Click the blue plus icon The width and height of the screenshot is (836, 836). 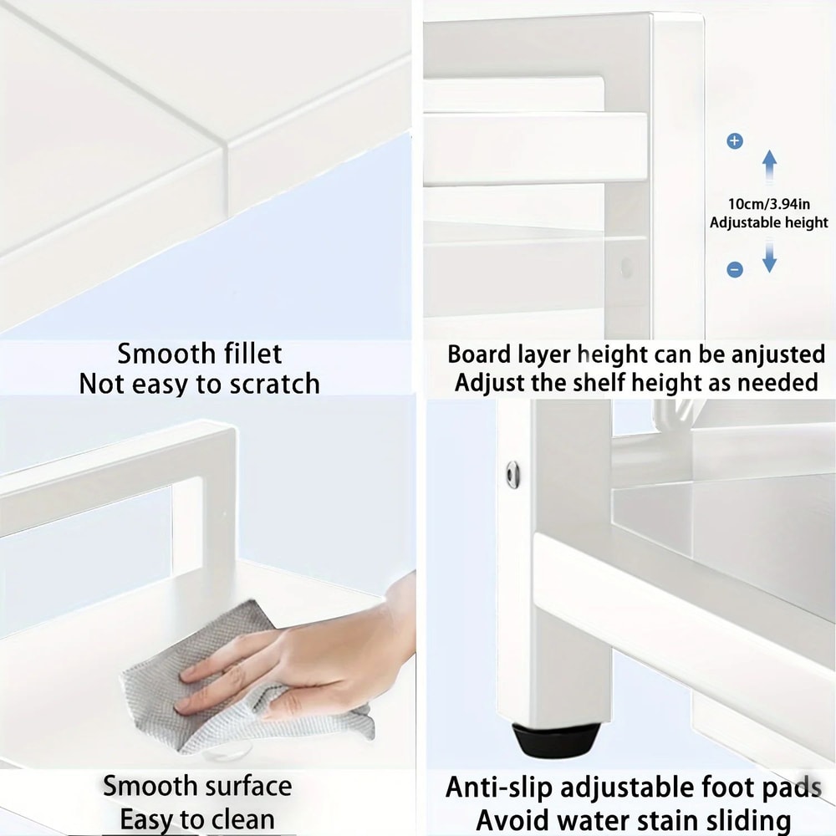point(735,141)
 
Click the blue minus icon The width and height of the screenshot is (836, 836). point(735,269)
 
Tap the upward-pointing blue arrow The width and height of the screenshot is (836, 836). point(770,165)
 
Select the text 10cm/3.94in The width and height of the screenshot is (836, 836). point(769,203)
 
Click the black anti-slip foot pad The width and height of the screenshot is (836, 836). point(555,740)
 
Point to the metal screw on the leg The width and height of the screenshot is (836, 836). point(512,474)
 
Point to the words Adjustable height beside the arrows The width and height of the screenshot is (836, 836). point(769,222)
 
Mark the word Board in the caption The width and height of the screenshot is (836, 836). point(479,354)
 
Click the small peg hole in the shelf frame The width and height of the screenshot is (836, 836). point(626,268)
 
